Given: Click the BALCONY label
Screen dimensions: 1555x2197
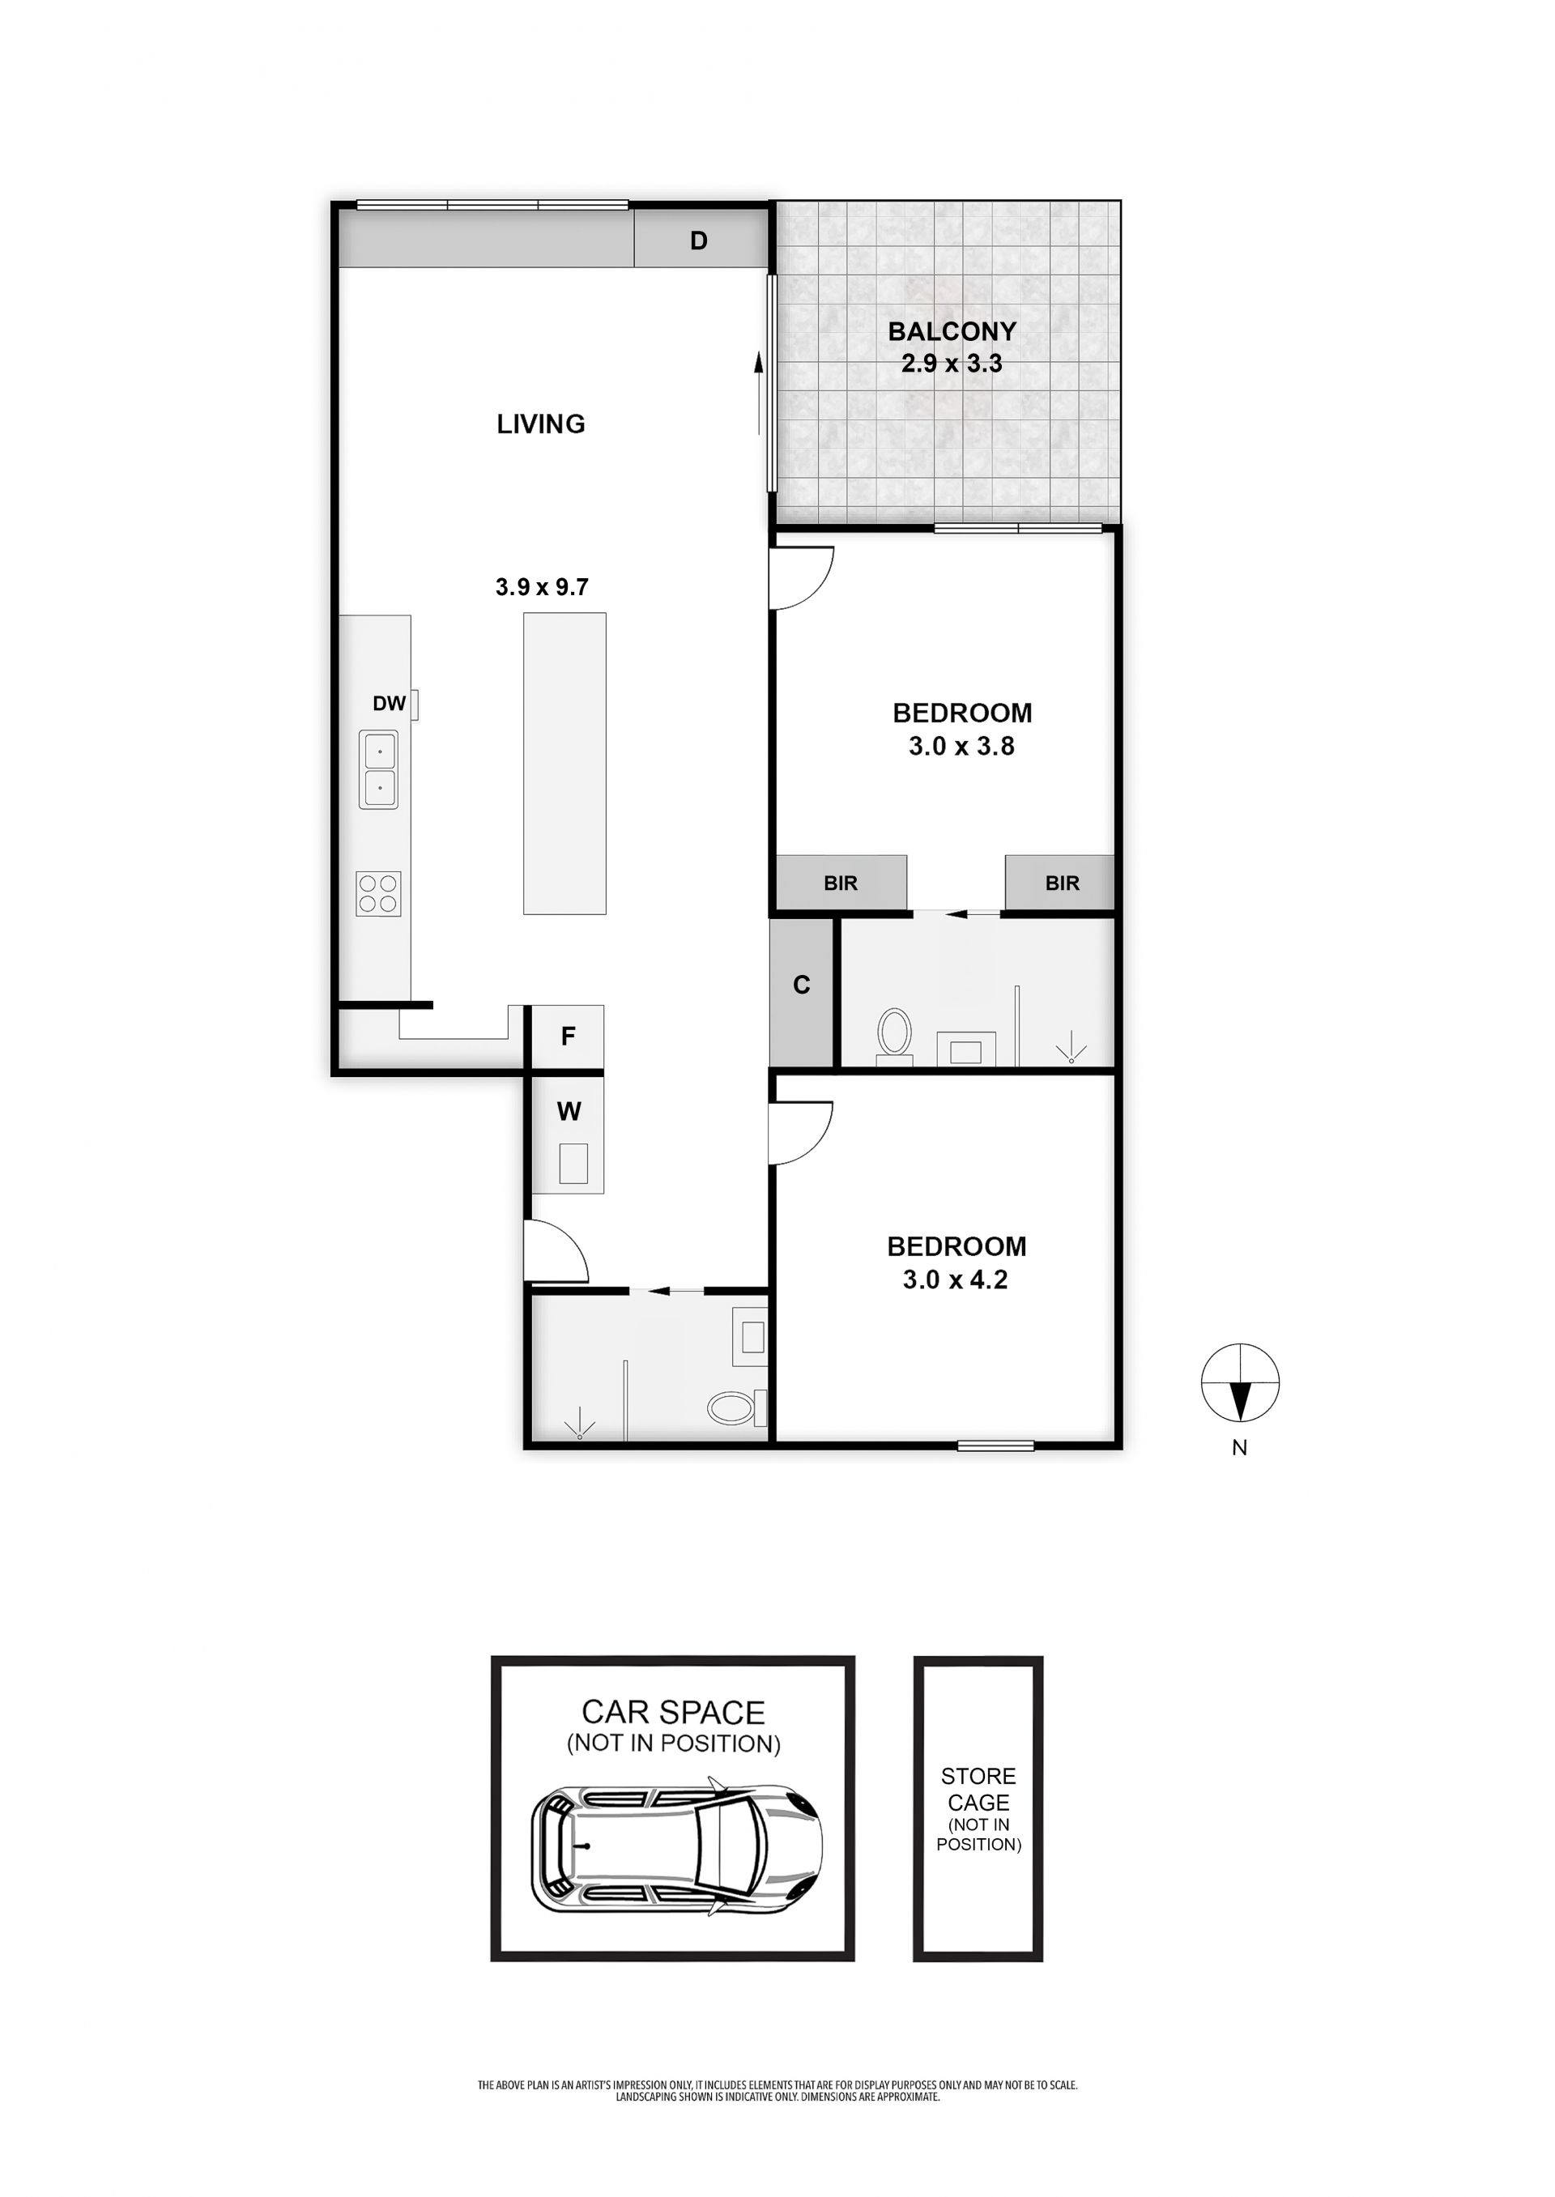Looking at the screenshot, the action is point(952,331).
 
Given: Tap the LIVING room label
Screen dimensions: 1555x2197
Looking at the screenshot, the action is point(541,424).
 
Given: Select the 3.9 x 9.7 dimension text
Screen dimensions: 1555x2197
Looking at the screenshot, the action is point(542,587).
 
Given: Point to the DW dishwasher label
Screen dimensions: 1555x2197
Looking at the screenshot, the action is point(389,704).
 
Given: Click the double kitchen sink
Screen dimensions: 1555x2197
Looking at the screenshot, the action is point(379,769).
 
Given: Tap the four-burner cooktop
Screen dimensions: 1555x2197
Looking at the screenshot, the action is point(378,893).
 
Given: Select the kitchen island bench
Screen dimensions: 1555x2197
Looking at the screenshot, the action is point(564,763).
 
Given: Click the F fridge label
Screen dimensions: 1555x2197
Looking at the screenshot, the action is point(568,1036).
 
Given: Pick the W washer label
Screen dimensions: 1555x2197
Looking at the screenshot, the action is point(569,1111).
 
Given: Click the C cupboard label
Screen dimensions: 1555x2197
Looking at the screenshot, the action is point(802,984).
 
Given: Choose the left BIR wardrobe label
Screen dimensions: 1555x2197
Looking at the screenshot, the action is point(841,883).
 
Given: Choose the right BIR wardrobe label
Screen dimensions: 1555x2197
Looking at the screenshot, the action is point(1062,883).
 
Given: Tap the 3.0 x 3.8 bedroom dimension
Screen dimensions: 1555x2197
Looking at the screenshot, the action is point(961,746).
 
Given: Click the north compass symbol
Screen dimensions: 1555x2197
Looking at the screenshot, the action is point(1240,1382).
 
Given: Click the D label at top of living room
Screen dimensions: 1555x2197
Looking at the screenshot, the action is point(699,241).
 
